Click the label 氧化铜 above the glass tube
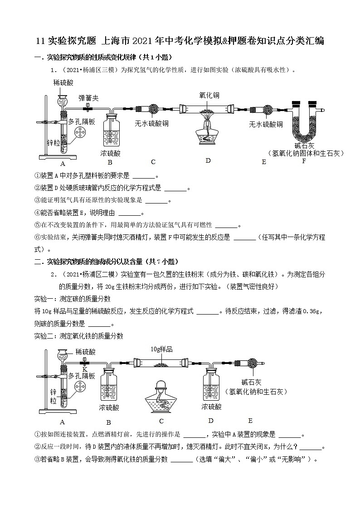[x=209, y=95]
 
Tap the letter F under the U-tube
[x=304, y=161]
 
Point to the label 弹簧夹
[x=88, y=98]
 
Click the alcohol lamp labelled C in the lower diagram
[x=161, y=394]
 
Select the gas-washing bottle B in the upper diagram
[x=110, y=131]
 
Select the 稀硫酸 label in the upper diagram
[x=63, y=82]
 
